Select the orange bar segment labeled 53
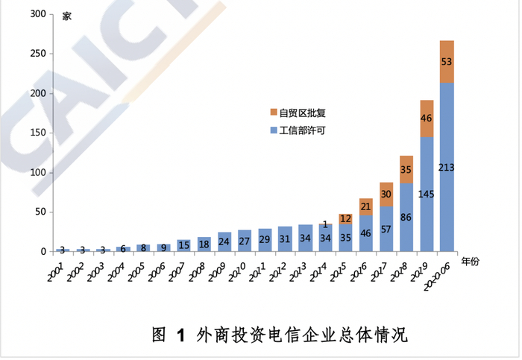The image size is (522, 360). point(447,62)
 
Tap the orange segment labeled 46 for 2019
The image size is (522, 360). point(427,119)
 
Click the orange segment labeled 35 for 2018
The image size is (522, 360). point(406,169)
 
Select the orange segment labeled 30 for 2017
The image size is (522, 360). point(386,194)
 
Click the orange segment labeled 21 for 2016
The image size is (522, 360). point(365,206)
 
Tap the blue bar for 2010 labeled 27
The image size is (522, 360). point(245,241)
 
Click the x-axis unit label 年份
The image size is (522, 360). point(471,262)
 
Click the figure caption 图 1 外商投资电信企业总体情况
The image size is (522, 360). point(280,334)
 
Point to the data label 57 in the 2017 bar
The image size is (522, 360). point(386,228)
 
